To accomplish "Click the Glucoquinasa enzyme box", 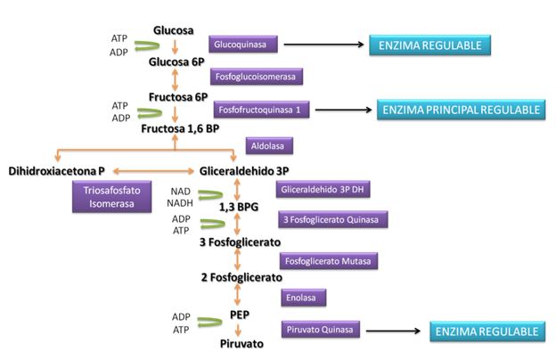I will (242, 44).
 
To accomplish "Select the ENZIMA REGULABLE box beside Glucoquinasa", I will (431, 45).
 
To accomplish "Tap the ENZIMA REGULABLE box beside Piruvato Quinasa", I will (486, 332).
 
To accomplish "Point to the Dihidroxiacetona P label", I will (57, 170).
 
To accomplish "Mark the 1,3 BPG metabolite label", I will (239, 207).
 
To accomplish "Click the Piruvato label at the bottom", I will (238, 341).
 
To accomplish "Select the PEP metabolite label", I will (239, 315).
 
